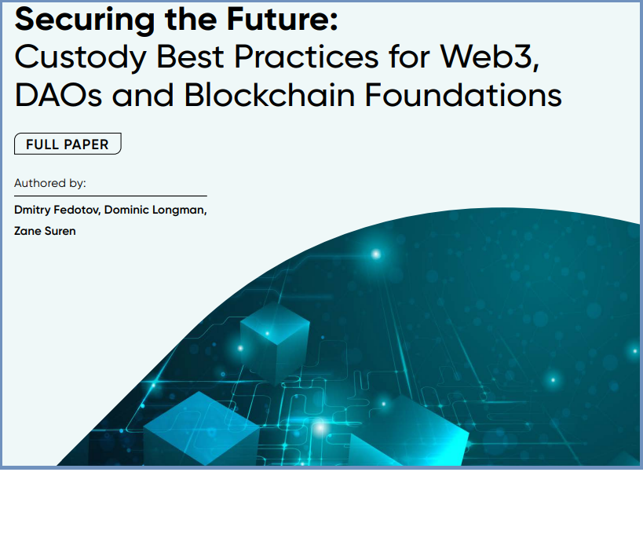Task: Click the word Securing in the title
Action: pyautogui.click(x=85, y=20)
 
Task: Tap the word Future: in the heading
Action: pyautogui.click(x=282, y=19)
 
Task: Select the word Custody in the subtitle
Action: pyautogui.click(x=80, y=57)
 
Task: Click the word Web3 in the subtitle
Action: pyautogui.click(x=490, y=57)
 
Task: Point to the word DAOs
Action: pyautogui.click(x=58, y=95)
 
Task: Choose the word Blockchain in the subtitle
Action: pyautogui.click(x=269, y=95)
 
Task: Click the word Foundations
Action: pyautogui.click(x=463, y=95)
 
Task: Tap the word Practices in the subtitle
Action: pyautogui.click(x=306, y=57)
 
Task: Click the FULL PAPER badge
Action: pyautogui.click(x=68, y=144)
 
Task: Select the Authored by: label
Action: pyautogui.click(x=50, y=183)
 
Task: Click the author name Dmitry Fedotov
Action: pyautogui.click(x=57, y=210)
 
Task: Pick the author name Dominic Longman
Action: pyautogui.click(x=155, y=210)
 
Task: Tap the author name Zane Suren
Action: pyautogui.click(x=45, y=231)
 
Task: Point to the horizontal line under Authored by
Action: pyautogui.click(x=111, y=196)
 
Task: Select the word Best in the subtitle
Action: pyautogui.click(x=190, y=57)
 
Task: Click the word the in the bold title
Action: pyautogui.click(x=191, y=19)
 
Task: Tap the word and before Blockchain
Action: pyautogui.click(x=143, y=95)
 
